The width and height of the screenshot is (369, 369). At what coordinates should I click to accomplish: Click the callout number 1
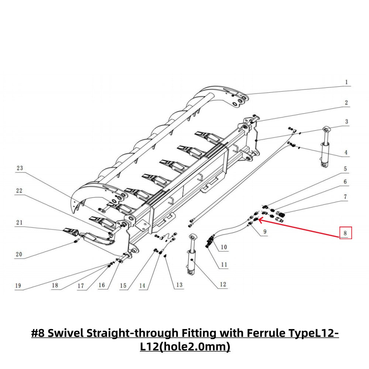click(x=346, y=82)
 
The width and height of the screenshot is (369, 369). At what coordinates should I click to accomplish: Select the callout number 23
click(x=20, y=168)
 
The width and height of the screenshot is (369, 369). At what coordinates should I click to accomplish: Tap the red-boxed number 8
click(x=345, y=233)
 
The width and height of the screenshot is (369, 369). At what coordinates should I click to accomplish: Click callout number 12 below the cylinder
click(x=223, y=284)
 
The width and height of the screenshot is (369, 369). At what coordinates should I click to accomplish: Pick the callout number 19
click(x=18, y=285)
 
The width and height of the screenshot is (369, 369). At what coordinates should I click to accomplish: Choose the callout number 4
click(x=346, y=152)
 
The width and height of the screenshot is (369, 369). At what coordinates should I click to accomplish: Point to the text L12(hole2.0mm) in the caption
click(x=185, y=347)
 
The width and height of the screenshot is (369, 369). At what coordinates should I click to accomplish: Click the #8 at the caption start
click(x=38, y=333)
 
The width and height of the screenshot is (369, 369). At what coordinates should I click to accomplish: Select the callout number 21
click(x=19, y=222)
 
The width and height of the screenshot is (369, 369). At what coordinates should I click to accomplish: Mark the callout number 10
click(x=224, y=247)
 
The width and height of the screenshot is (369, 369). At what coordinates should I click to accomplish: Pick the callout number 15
click(x=123, y=285)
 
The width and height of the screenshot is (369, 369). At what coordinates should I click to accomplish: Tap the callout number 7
click(x=345, y=197)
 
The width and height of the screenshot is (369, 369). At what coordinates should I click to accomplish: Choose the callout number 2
click(x=346, y=103)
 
